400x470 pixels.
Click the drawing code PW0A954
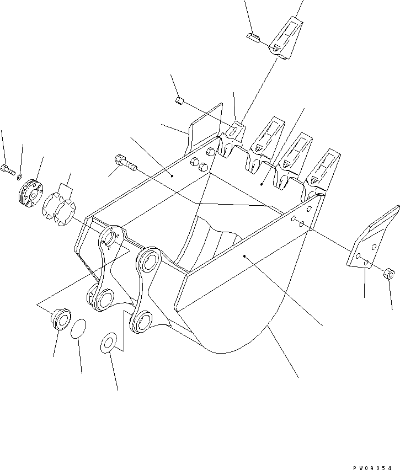click(372, 468)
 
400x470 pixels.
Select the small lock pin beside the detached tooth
click(253, 38)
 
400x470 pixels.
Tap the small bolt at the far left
click(8, 170)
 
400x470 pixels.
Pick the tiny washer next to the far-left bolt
click(20, 177)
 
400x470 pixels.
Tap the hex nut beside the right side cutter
click(388, 274)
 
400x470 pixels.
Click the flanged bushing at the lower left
click(61, 319)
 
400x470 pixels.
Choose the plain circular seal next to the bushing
click(78, 329)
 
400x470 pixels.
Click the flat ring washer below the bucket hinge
click(109, 343)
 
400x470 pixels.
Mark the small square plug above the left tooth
click(179, 101)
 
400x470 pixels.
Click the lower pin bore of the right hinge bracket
click(142, 321)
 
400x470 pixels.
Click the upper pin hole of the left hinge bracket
click(111, 237)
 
